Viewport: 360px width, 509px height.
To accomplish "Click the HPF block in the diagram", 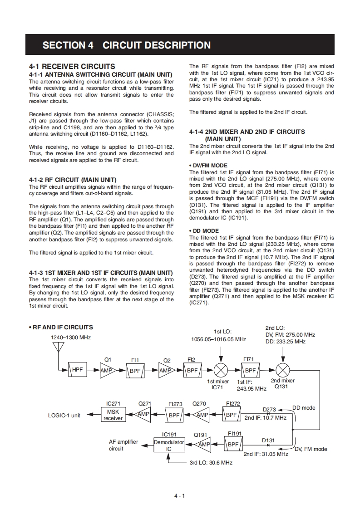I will click(78, 370).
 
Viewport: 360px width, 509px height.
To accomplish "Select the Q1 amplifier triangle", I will click(107, 370).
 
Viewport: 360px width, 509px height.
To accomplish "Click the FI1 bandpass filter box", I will click(135, 370).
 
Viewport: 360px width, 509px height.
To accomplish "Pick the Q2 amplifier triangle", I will click(166, 370).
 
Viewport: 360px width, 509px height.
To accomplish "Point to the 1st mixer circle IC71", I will click(221, 370).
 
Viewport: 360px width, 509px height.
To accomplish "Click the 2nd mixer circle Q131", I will click(283, 370).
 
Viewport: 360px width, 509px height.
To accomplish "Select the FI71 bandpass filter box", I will click(249, 370).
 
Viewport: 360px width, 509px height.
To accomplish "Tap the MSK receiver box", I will click(113, 415).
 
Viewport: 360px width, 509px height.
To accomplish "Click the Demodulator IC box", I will click(169, 445).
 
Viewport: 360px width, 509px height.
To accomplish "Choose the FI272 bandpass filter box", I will click(232, 414).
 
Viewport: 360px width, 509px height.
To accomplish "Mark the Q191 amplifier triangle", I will click(203, 445).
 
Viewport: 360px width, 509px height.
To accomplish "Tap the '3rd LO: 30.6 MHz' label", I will click(211, 463).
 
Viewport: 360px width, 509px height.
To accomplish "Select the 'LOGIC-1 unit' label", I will click(64, 415).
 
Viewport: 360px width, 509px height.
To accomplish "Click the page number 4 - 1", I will click(179, 496).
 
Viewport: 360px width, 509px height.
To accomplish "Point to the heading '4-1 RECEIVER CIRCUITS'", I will click(72, 66).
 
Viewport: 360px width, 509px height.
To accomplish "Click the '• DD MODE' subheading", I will click(203, 231).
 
